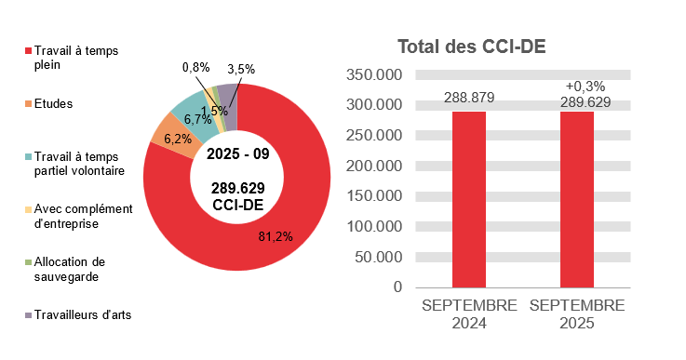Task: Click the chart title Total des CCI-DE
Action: coord(471,47)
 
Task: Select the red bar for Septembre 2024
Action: coord(469,199)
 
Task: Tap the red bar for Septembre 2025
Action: coord(577,199)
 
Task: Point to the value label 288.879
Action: coord(469,98)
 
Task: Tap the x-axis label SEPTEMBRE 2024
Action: coord(469,314)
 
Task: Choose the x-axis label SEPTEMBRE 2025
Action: coord(577,314)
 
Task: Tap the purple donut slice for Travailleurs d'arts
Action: coord(226,94)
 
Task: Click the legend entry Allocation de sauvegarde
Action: coord(72,269)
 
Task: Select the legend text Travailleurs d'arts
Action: coord(82,314)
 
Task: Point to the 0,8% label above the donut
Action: coord(195,68)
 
